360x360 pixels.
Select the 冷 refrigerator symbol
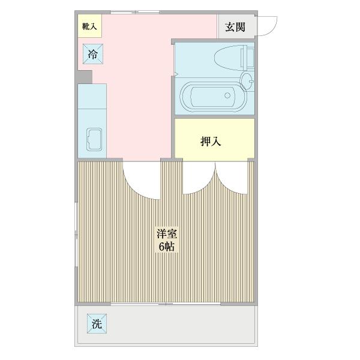point(93,55)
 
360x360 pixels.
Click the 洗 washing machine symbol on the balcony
point(97,324)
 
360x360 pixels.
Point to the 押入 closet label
point(211,142)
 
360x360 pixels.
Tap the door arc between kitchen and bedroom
point(142,180)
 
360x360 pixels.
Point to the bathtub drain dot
point(227,95)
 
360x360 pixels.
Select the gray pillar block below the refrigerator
point(85,76)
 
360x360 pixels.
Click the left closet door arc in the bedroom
point(199,178)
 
